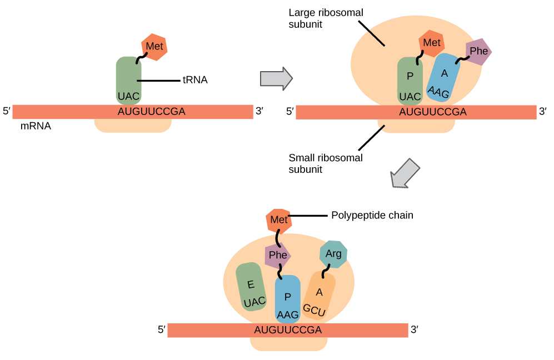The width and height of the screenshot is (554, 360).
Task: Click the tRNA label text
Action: (x=195, y=80)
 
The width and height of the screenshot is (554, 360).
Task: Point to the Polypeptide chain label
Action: (x=372, y=215)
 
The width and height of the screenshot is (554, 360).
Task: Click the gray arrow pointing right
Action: (x=276, y=78)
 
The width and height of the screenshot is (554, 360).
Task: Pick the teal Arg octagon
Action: (x=333, y=254)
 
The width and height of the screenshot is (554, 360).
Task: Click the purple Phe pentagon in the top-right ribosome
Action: (x=478, y=52)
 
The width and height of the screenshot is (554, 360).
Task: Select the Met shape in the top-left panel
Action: (x=154, y=47)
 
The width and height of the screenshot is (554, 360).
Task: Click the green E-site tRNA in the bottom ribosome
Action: (x=251, y=287)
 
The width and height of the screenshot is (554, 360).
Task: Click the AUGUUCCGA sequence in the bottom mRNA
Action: (x=287, y=330)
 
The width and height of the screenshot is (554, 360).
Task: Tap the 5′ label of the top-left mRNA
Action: (x=7, y=111)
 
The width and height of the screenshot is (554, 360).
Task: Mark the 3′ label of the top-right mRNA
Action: (x=543, y=112)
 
